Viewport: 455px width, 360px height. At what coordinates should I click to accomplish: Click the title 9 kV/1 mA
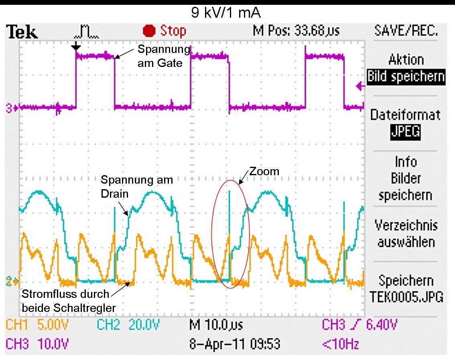point(226,13)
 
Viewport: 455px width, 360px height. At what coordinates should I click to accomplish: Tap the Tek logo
point(22,32)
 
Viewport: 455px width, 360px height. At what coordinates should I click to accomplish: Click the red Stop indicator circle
point(149,31)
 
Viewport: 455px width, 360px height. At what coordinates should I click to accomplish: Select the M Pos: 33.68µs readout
point(296,30)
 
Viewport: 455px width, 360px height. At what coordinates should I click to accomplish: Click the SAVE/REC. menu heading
point(406,30)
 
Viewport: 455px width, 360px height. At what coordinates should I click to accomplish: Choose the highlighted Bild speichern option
point(406,77)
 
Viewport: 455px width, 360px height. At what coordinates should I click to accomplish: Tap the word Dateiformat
point(405,115)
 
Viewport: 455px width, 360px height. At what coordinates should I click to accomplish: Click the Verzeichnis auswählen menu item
point(406,234)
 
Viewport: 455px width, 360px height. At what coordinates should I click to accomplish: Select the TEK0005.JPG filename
point(406,297)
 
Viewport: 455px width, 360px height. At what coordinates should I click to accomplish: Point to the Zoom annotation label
point(264,171)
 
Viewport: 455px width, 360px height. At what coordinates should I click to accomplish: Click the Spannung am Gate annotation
point(164,56)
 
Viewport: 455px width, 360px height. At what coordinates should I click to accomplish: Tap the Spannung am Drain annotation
point(137,187)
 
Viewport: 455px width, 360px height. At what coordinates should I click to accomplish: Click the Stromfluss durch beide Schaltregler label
point(69,301)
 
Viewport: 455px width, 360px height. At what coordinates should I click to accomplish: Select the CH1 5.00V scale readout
point(37,325)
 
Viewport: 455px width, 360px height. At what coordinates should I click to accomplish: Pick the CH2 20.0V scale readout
point(128,325)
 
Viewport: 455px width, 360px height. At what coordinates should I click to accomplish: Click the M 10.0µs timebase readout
point(216,325)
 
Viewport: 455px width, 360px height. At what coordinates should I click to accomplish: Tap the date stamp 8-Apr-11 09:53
point(235,344)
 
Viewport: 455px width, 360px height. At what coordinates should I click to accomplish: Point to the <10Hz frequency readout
point(341,344)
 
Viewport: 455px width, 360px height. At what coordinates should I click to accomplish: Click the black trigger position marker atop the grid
point(76,47)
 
